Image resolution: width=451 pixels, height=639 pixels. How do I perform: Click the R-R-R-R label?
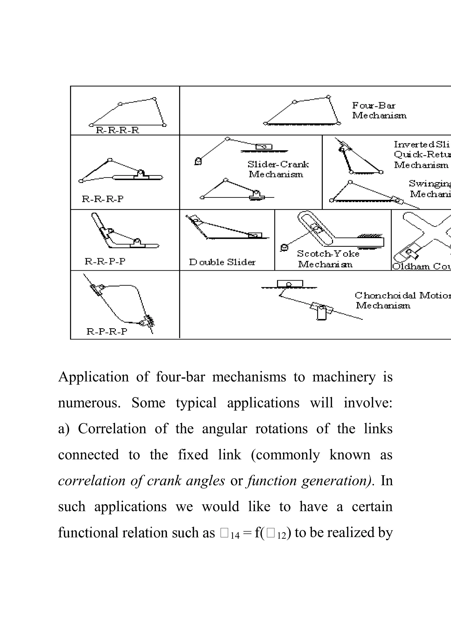click(117, 130)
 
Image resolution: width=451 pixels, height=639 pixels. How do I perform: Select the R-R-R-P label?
click(102, 199)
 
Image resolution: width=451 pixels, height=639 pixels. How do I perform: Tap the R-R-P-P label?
click(105, 261)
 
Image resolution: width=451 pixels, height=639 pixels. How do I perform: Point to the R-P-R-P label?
click(107, 332)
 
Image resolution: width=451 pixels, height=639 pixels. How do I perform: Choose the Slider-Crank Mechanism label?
click(278, 169)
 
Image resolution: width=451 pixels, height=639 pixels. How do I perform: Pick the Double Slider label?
click(222, 262)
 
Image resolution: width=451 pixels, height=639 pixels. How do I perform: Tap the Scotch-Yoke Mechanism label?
click(328, 259)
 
